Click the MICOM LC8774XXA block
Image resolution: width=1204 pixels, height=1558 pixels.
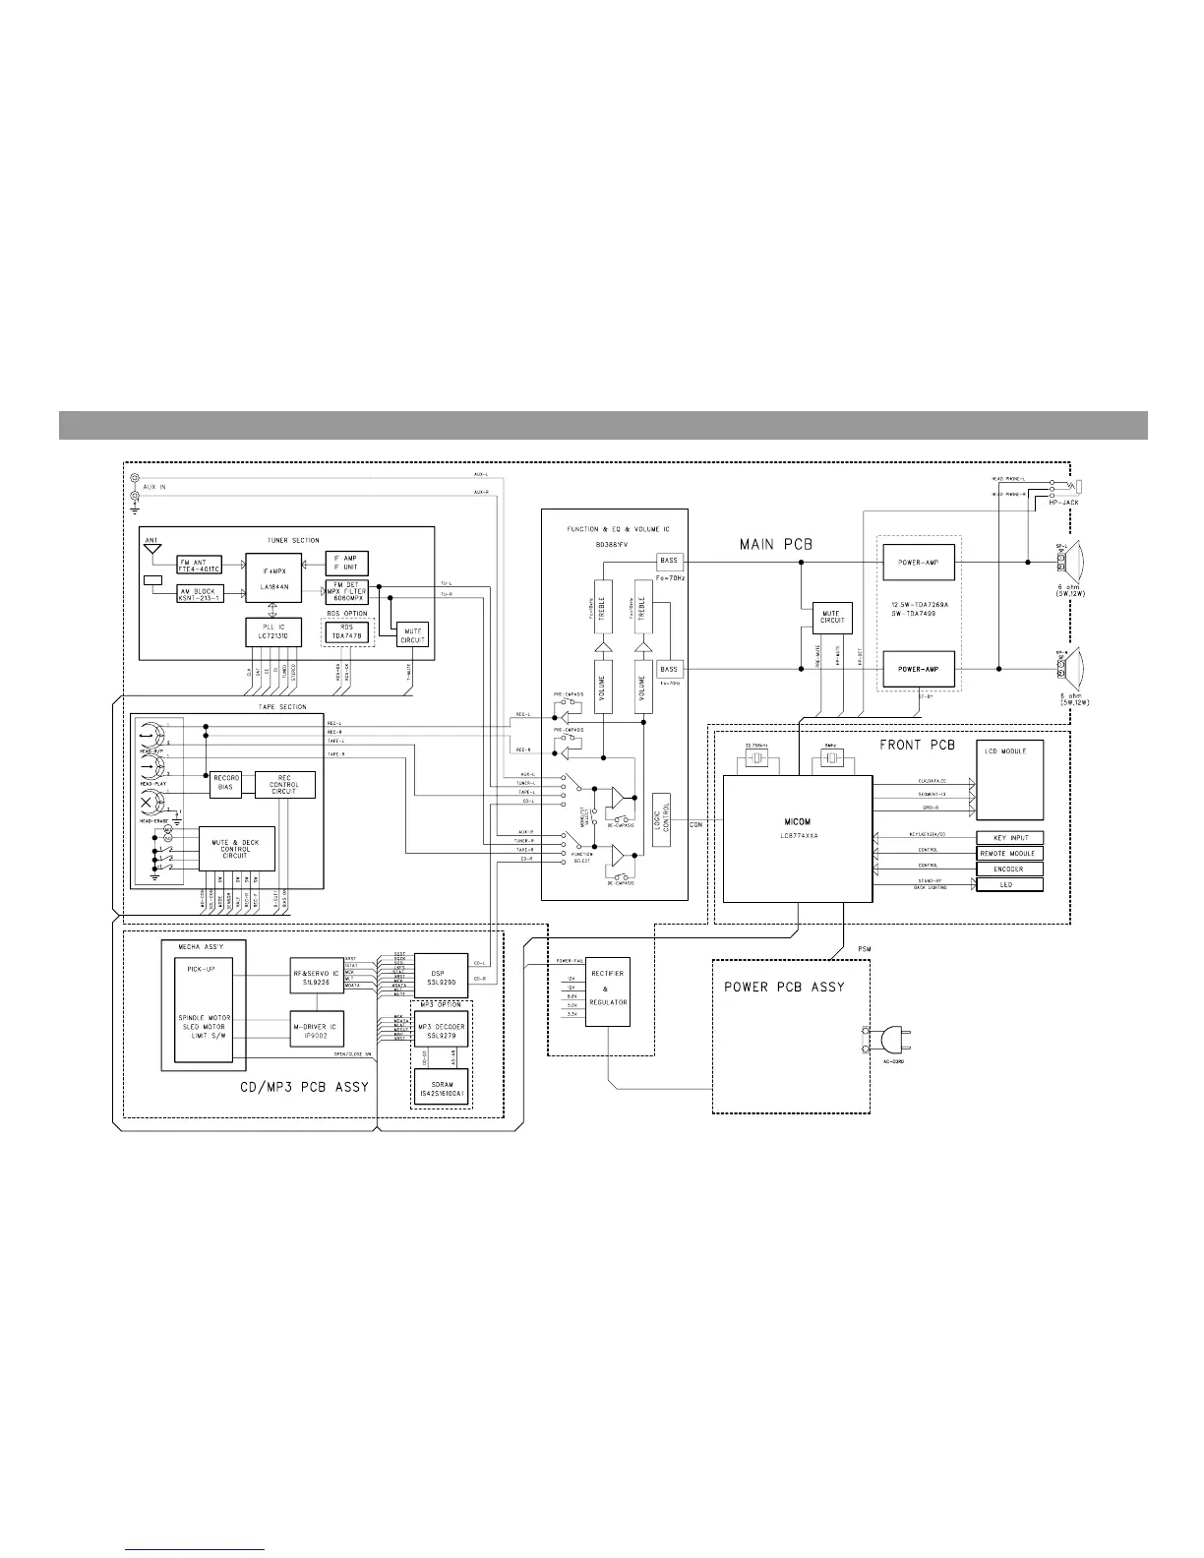click(x=798, y=838)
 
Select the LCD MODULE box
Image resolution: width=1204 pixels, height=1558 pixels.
click(x=1008, y=781)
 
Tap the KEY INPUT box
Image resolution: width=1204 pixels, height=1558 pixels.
click(x=1009, y=838)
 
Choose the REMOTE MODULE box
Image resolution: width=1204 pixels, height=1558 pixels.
click(x=1009, y=854)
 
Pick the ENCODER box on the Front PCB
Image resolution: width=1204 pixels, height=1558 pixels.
click(x=1009, y=869)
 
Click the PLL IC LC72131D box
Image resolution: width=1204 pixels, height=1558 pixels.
click(x=273, y=632)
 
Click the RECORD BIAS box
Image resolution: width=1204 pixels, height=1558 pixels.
click(x=227, y=783)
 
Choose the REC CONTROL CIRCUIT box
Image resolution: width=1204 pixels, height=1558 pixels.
click(x=285, y=784)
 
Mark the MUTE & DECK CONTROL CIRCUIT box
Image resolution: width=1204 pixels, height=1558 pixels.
click(x=236, y=849)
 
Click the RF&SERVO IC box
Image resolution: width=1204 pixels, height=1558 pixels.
click(x=314, y=974)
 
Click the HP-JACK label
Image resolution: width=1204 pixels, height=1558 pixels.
click(x=1062, y=503)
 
